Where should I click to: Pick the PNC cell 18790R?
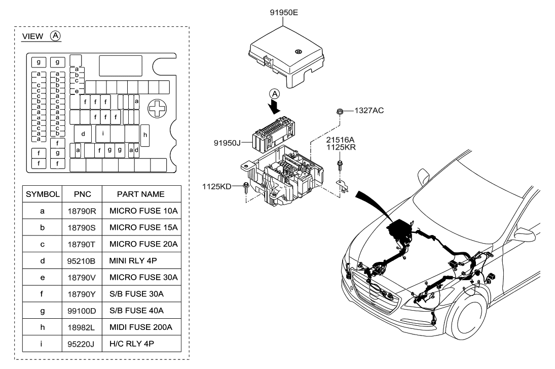pos(82,209)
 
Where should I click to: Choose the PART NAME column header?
pos(140,194)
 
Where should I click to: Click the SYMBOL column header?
pos(43,194)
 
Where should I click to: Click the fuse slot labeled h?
pos(145,135)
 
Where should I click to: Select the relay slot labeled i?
pos(103,134)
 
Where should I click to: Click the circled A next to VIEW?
pos(55,36)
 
